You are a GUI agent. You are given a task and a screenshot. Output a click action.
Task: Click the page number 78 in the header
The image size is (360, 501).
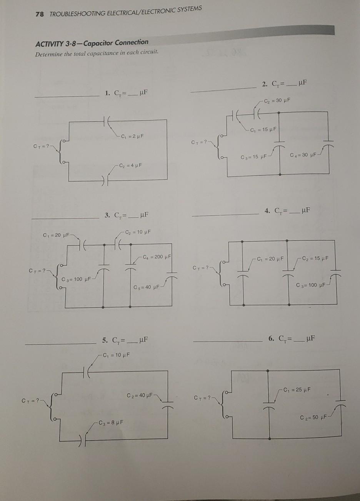(x=39, y=14)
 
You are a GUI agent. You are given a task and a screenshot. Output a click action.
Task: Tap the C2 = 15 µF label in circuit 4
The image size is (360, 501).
(x=315, y=258)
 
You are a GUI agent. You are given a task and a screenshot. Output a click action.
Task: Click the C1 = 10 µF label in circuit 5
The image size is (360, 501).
(x=116, y=354)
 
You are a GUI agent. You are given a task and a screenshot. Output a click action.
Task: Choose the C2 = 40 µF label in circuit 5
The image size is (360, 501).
(x=140, y=395)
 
